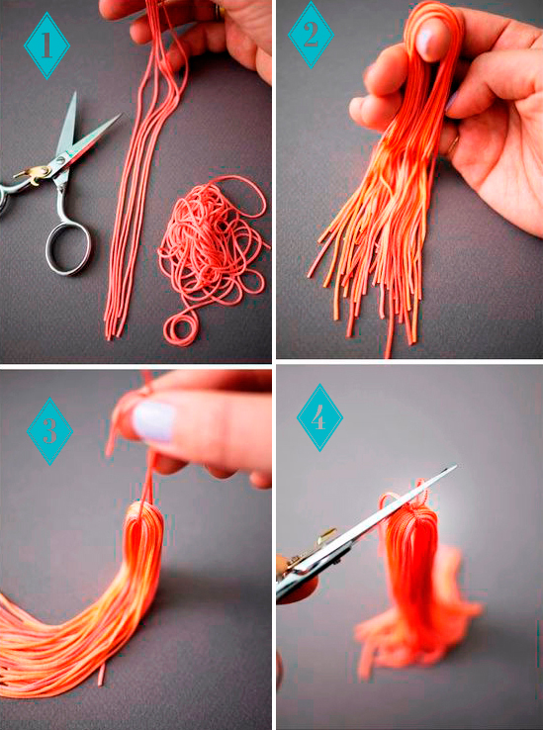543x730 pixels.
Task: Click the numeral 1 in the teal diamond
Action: point(46,46)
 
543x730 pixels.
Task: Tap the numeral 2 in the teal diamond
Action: point(311,36)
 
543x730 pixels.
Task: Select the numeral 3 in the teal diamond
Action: point(49,431)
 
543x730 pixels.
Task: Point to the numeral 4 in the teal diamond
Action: point(319,418)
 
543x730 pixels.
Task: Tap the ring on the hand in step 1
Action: point(218,13)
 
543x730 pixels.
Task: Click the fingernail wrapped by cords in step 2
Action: point(427,40)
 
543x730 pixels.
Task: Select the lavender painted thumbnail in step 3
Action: point(154,421)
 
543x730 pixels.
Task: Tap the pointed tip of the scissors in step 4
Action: point(455,466)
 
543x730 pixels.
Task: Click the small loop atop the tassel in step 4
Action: point(388,501)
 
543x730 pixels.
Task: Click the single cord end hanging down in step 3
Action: point(101,674)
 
